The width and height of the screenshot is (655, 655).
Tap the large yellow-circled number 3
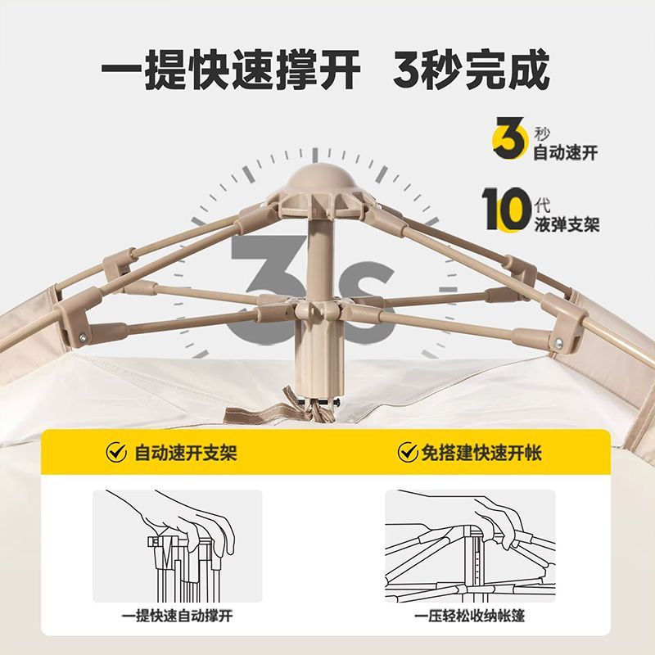pyautogui.click(x=508, y=138)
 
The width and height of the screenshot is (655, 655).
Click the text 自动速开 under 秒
pyautogui.click(x=565, y=153)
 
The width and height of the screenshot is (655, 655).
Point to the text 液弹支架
pyautogui.click(x=567, y=224)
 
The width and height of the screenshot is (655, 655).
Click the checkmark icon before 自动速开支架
pyautogui.click(x=116, y=452)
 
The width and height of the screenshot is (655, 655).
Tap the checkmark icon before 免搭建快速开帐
pyautogui.click(x=407, y=452)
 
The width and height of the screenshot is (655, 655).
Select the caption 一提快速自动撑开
pyautogui.click(x=177, y=616)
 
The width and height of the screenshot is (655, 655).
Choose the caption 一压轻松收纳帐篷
pyautogui.click(x=469, y=616)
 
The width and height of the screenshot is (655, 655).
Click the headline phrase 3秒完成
pyautogui.click(x=471, y=70)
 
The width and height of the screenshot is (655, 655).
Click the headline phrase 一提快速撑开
pyautogui.click(x=231, y=70)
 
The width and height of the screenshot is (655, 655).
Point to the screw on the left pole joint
pyautogui.click(x=83, y=336)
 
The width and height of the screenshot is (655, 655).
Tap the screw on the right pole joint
pyautogui.click(x=558, y=343)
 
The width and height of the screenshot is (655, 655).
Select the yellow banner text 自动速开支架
pyautogui.click(x=186, y=453)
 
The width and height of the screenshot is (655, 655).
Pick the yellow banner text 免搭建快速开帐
pyautogui.click(x=481, y=453)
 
